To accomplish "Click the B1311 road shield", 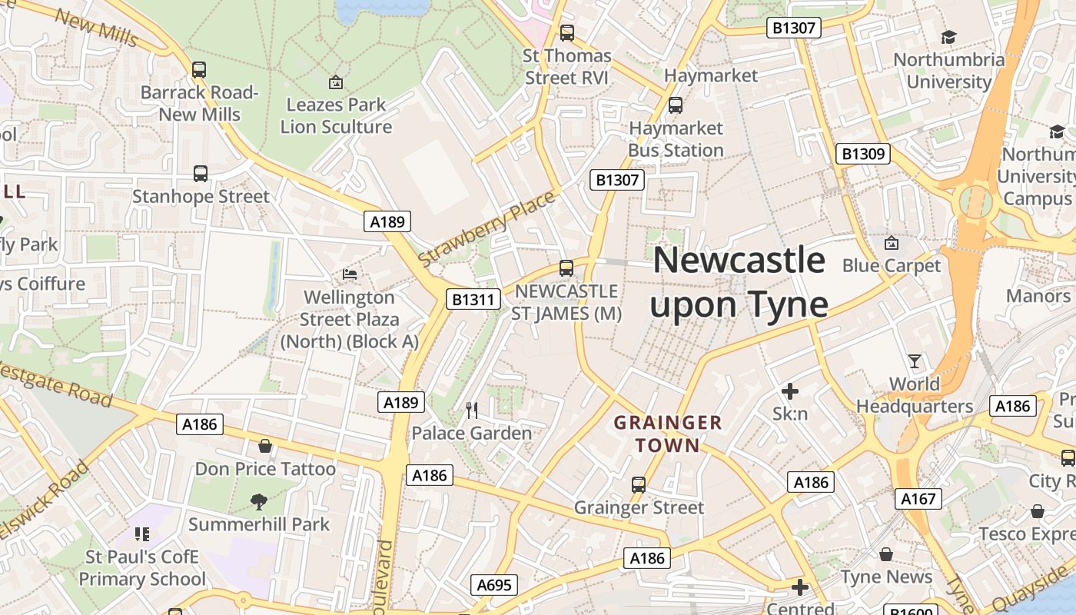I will tap(473, 299).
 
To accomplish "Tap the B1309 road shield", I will tap(863, 154).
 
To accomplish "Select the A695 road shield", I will tap(493, 585).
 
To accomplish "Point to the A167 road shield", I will tap(918, 499).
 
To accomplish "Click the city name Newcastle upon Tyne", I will tap(739, 282).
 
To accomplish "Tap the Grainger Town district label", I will tap(668, 434).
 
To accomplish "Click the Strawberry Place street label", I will tap(487, 228).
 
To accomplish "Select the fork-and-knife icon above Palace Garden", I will tap(472, 411).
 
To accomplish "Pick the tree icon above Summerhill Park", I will tap(259, 502).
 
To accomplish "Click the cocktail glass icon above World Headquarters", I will tap(914, 361).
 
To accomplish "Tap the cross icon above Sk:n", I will tap(789, 391).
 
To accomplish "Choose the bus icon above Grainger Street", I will tap(639, 484).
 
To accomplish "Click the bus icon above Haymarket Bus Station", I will tap(676, 105).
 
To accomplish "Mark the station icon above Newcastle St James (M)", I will tap(566, 268).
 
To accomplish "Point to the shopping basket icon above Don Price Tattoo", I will tap(265, 446).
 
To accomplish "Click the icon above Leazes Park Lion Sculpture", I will tap(335, 81).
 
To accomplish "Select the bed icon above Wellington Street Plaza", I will tap(349, 274).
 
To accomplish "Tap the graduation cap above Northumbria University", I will tap(948, 37).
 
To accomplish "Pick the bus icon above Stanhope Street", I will tap(201, 174).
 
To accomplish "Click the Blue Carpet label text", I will tap(891, 266).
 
